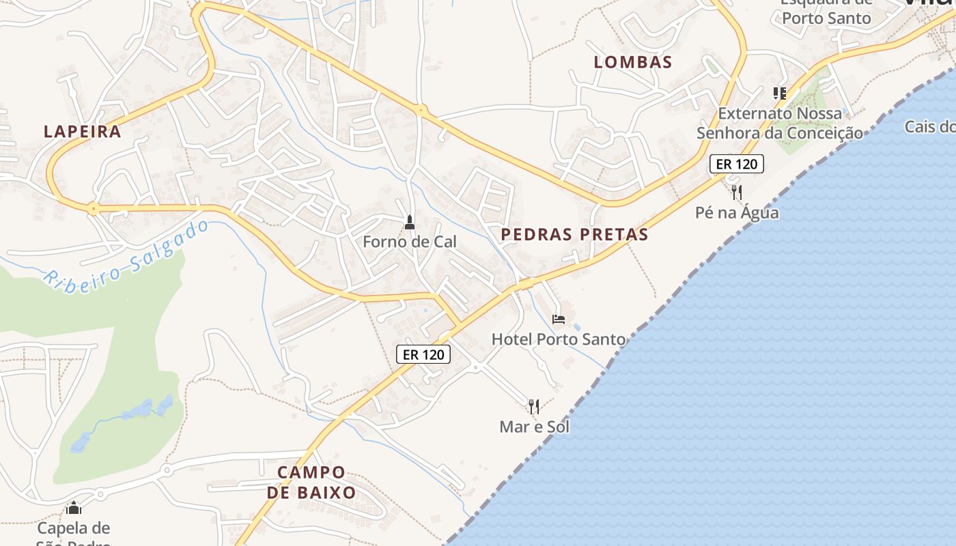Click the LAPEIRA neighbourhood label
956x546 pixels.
[x=83, y=132]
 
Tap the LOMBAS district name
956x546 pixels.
[x=633, y=62]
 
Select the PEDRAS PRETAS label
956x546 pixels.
[x=574, y=235]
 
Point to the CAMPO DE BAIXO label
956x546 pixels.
[x=311, y=483]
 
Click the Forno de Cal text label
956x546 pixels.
[x=410, y=242]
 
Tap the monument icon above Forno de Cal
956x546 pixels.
[x=410, y=222]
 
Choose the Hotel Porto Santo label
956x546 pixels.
[x=559, y=339]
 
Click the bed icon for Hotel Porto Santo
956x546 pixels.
[x=559, y=319]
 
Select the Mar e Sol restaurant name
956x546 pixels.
[x=535, y=427]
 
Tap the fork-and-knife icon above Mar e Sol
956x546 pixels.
[x=534, y=407]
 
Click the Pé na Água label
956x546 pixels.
[x=737, y=213]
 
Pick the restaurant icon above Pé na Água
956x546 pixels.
[x=736, y=192]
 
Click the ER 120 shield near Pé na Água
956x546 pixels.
[x=736, y=164]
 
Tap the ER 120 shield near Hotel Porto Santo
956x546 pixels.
[x=423, y=354]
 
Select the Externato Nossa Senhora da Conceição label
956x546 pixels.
[x=780, y=123]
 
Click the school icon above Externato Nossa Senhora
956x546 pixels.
[x=779, y=93]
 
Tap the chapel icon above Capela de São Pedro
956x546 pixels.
[x=74, y=508]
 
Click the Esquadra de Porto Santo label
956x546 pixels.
[x=827, y=14]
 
